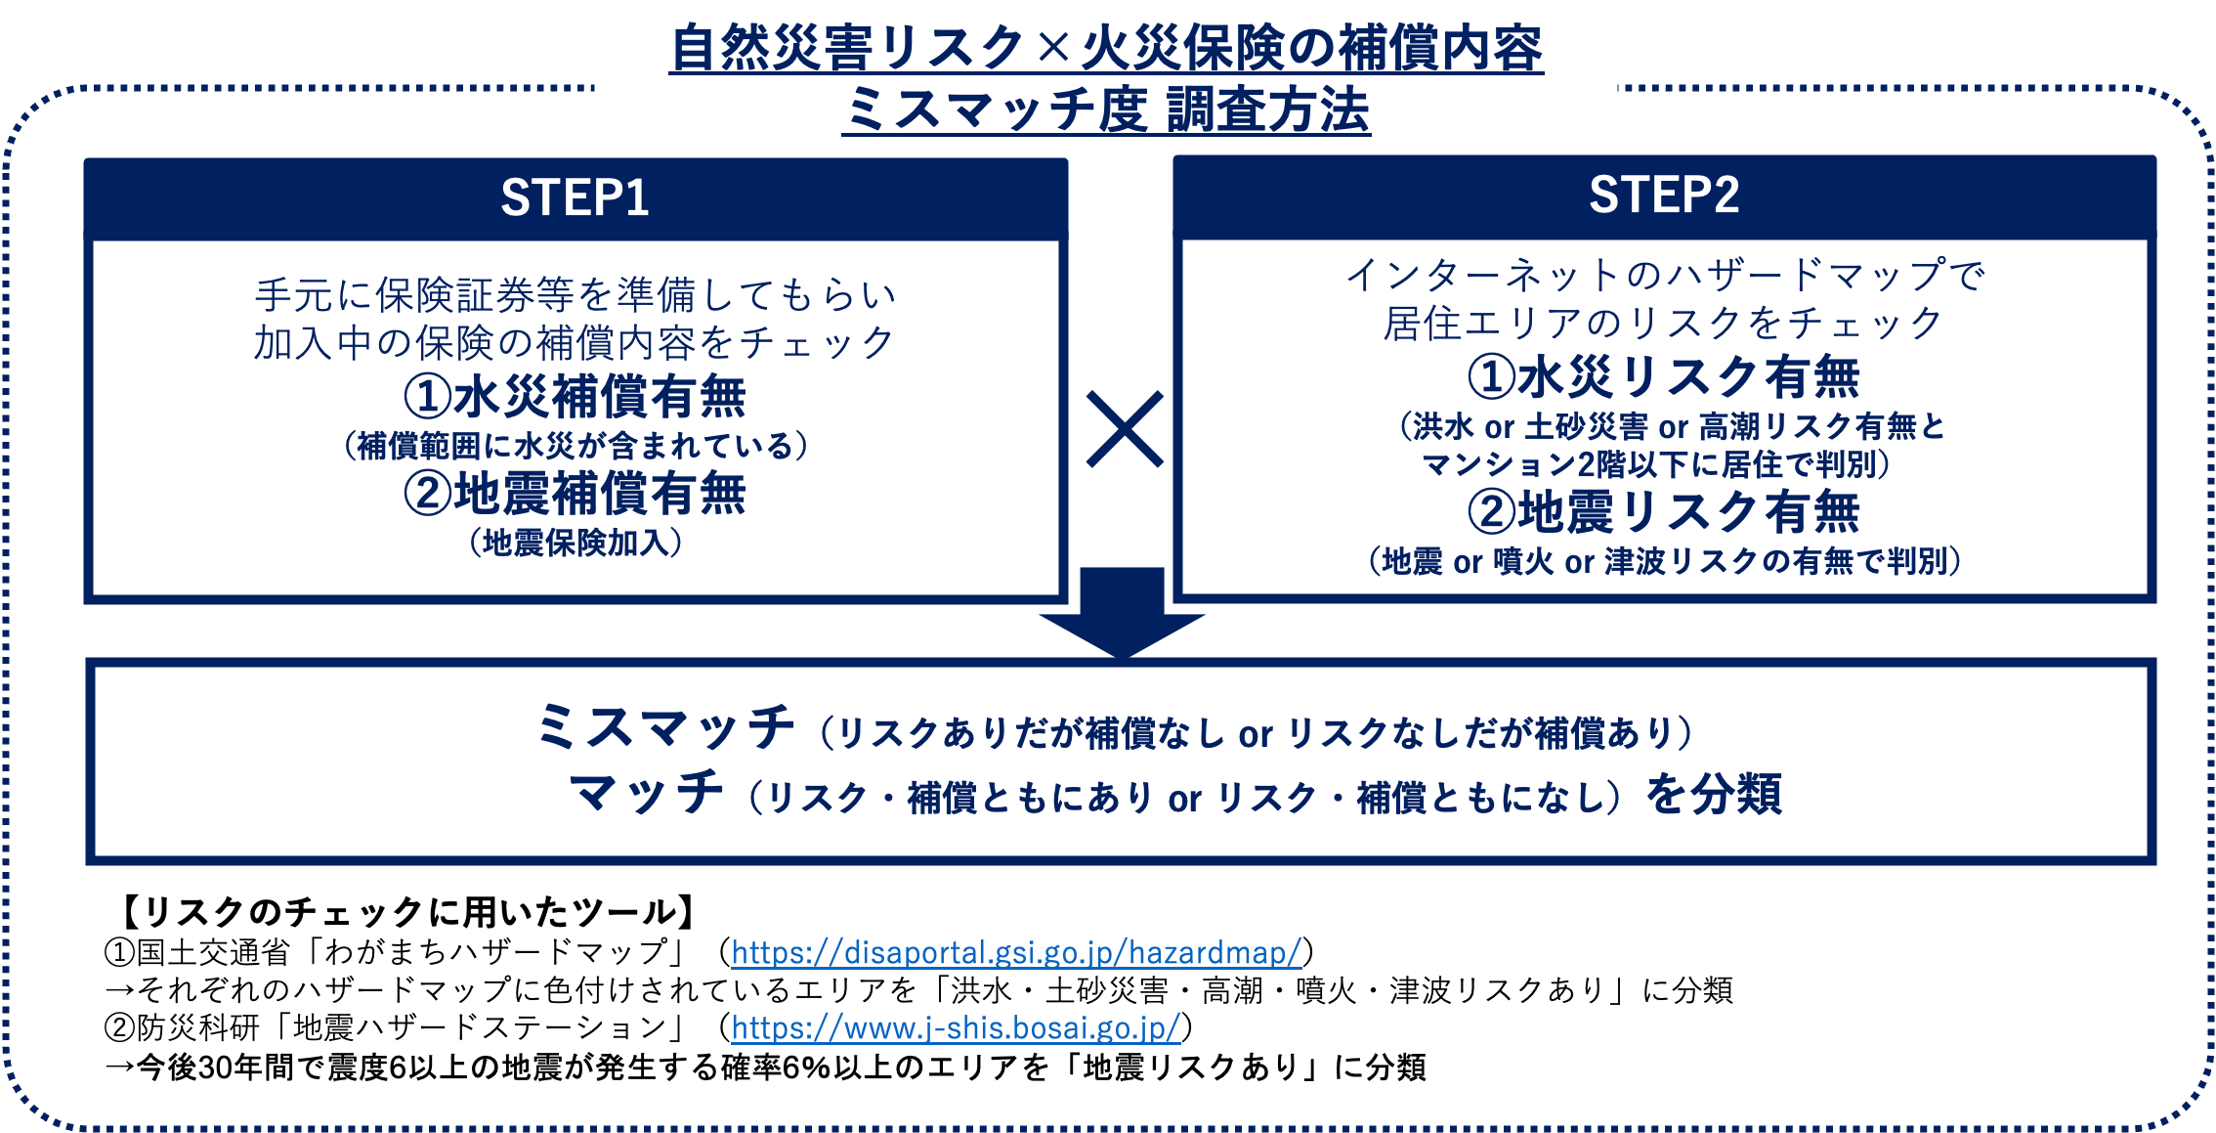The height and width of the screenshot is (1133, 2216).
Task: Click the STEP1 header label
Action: click(575, 198)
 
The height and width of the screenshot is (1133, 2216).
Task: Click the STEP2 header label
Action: click(1663, 196)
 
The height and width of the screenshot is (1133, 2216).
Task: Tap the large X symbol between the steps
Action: click(1124, 429)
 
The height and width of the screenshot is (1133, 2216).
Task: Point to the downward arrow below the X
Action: click(1122, 616)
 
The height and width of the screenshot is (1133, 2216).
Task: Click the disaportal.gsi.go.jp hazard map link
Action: click(1016, 951)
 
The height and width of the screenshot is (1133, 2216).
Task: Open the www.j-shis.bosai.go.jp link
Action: click(956, 1027)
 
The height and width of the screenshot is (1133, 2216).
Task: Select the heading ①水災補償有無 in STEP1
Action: click(575, 397)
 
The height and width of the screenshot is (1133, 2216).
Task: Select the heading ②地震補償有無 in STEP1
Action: click(575, 494)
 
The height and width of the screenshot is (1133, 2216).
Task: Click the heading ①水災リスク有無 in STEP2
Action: click(1663, 377)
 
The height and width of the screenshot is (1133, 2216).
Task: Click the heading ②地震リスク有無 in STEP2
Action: click(1663, 512)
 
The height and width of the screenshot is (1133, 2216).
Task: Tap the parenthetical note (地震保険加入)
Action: click(575, 543)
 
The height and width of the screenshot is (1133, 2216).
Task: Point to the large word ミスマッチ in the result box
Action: click(666, 728)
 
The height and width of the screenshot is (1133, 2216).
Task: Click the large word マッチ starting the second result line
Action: click(647, 793)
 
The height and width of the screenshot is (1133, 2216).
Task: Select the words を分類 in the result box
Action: click(1714, 794)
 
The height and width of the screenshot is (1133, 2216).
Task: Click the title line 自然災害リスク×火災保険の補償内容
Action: click(1106, 49)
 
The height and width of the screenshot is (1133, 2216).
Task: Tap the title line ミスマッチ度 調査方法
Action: click(1106, 109)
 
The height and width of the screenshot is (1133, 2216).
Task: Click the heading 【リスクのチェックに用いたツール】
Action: click(405, 912)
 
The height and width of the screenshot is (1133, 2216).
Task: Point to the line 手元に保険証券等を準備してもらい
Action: click(575, 294)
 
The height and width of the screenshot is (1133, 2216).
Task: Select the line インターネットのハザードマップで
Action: click(1663, 276)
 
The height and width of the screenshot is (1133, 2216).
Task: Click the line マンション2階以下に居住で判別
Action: click(1655, 464)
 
